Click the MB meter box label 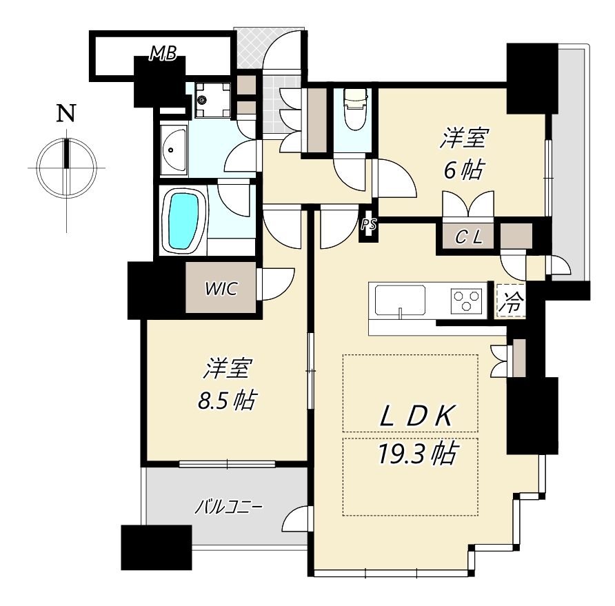click(163, 53)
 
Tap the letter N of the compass click(66, 113)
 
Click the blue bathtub click(183, 221)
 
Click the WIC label click(221, 290)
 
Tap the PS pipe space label click(369, 225)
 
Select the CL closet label click(468, 237)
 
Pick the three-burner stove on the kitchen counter click(466, 301)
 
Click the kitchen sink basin click(400, 300)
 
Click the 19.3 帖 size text click(417, 454)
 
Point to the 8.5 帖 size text click(226, 400)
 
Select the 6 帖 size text click(463, 170)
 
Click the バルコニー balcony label click(229, 507)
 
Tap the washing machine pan click(212, 100)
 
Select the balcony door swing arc click(297, 518)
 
